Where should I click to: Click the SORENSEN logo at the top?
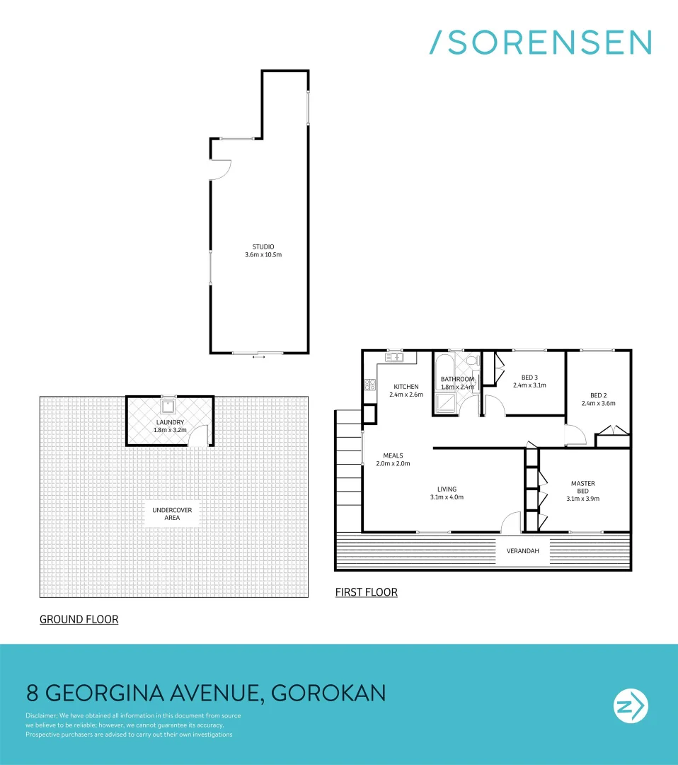click(x=541, y=42)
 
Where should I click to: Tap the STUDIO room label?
click(x=262, y=246)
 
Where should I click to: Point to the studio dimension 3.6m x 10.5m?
click(x=262, y=254)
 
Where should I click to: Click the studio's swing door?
click(x=221, y=169)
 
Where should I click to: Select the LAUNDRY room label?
click(x=170, y=422)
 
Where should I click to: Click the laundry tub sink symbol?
click(x=169, y=406)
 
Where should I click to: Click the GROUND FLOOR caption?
click(x=79, y=619)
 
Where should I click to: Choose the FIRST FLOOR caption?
click(x=366, y=591)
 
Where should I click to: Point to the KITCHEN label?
click(x=406, y=387)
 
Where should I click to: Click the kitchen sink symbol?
click(x=393, y=358)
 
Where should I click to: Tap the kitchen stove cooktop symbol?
click(x=369, y=385)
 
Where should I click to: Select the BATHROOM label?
click(x=456, y=379)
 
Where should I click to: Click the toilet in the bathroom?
click(x=475, y=361)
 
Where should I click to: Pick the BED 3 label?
click(x=529, y=378)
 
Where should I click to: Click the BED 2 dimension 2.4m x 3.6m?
click(x=598, y=404)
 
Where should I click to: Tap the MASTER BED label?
click(x=582, y=487)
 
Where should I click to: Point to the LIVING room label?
click(x=447, y=489)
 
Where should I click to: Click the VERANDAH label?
click(x=522, y=550)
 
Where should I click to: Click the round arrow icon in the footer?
click(x=629, y=706)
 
